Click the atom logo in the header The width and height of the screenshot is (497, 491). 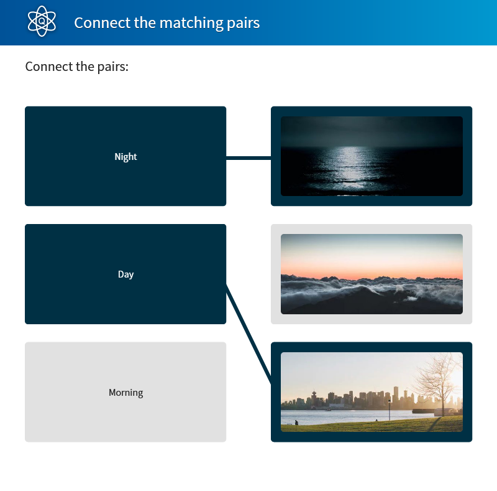[x=42, y=21]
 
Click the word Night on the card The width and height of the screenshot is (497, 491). [x=125, y=157]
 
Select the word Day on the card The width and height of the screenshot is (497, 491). [x=125, y=274]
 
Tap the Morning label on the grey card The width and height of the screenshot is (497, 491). [x=125, y=393]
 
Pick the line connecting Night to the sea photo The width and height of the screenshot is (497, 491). [x=248, y=158]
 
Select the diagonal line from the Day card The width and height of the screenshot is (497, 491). [x=248, y=334]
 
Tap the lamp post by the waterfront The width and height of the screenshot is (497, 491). [x=390, y=410]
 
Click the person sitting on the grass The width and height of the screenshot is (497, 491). [x=296, y=423]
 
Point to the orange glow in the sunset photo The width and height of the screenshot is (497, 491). [x=372, y=271]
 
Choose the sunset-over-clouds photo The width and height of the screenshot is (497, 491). [x=372, y=274]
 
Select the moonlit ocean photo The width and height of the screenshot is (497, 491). [x=372, y=156]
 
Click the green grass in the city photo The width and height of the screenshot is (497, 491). [x=372, y=426]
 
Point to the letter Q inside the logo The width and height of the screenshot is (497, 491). [x=42, y=21]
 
